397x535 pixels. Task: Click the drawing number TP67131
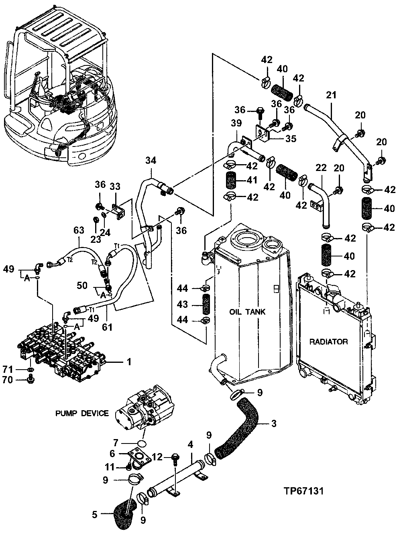303,491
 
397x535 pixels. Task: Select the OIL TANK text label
247,312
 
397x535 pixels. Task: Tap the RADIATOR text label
328,342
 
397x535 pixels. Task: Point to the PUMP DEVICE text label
82,413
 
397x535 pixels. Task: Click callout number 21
331,96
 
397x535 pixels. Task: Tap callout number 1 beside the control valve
129,362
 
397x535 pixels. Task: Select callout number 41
252,181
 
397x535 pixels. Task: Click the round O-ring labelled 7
140,443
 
